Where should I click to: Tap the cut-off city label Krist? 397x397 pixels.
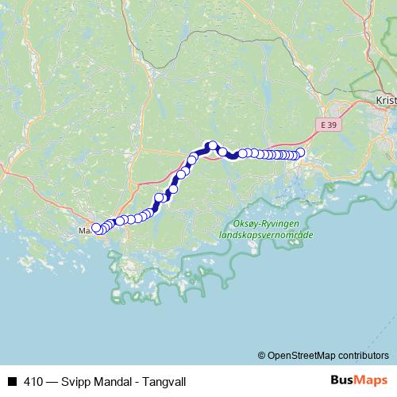click(384, 102)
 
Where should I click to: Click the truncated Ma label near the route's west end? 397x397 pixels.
click(83, 230)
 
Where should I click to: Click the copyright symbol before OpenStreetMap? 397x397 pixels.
click(262, 355)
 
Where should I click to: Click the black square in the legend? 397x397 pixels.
click(12, 380)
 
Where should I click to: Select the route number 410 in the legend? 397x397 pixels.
click(33, 380)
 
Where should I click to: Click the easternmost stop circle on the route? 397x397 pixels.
click(300, 153)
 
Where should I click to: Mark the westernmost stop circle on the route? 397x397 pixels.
click(97, 228)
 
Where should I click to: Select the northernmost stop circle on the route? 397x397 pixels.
click(213, 145)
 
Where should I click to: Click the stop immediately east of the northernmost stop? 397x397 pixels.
click(223, 152)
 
